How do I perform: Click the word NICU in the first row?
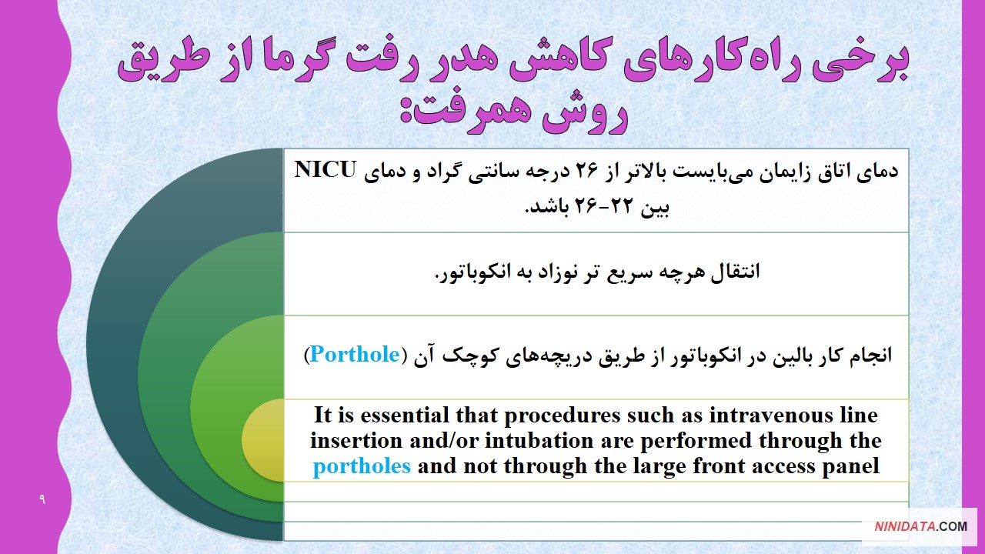point(325,170)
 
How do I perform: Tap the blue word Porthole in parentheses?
point(355,355)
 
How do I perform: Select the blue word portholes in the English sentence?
point(362,466)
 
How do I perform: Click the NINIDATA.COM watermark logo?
point(920,526)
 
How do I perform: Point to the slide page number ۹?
point(42,499)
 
